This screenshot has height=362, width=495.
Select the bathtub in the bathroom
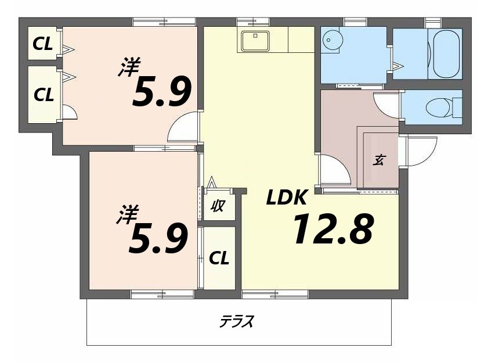tap(445, 53)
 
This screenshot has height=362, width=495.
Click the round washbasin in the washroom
tap(333, 40)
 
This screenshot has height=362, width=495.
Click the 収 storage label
tap(218, 205)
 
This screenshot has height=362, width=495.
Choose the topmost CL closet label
tap(43, 44)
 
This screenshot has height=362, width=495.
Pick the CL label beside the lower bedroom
tap(218, 258)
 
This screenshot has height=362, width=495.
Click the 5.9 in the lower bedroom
tap(158, 239)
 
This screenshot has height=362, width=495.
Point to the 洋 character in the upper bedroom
tap(129, 66)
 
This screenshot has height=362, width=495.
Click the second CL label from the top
tap(43, 94)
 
